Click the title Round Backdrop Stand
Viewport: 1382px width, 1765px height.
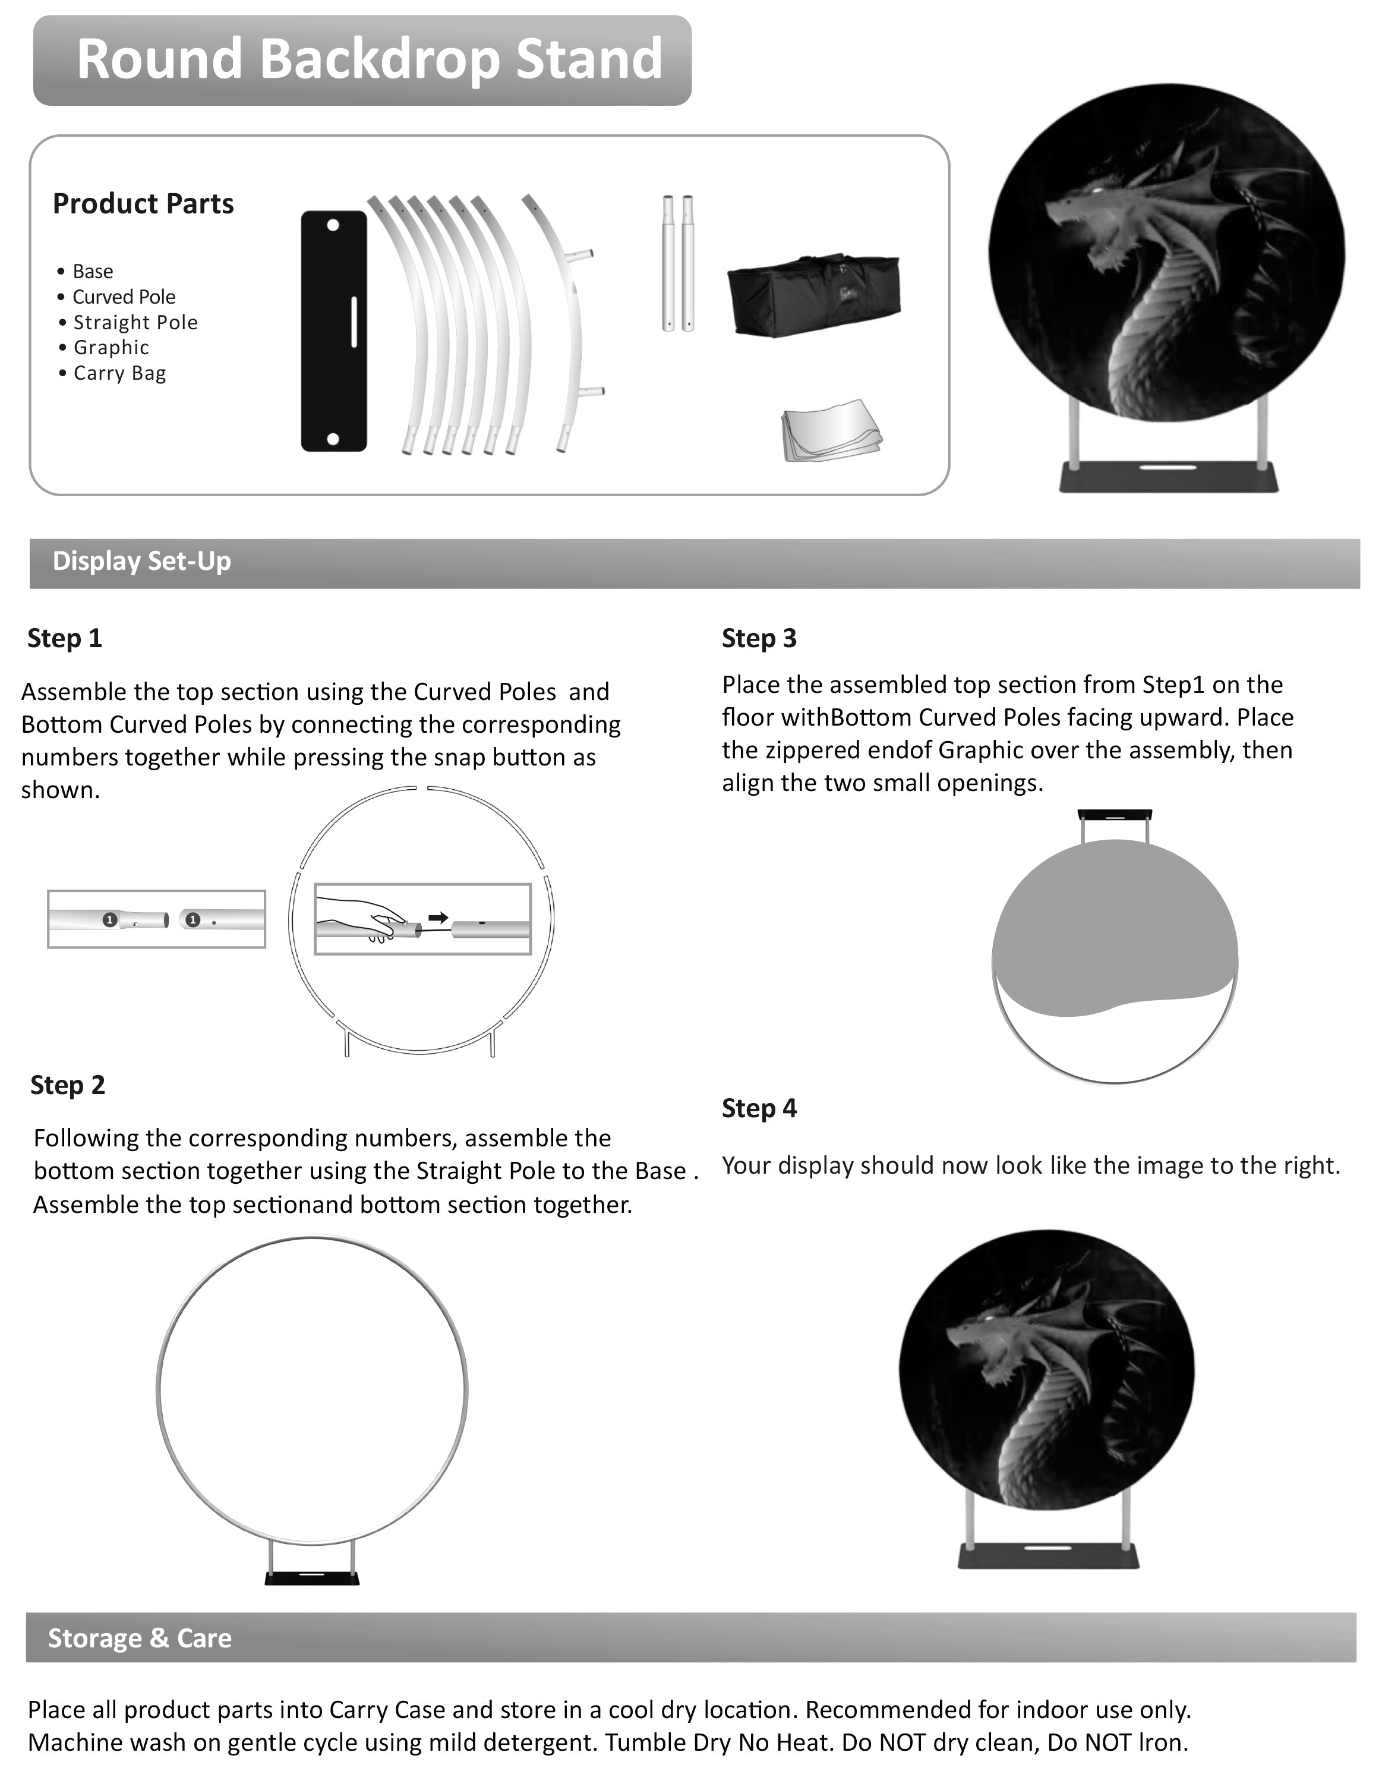369,59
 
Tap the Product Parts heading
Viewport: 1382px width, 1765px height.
143,204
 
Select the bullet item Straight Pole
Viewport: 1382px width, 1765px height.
135,323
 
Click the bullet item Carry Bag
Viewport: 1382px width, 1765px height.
119,374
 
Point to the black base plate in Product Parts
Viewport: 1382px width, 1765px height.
333,332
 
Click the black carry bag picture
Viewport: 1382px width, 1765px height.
813,295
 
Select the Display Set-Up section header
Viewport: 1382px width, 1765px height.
141,562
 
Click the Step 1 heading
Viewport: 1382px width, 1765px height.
65,638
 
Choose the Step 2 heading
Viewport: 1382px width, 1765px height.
68,1085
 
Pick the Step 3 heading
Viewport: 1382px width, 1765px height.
759,638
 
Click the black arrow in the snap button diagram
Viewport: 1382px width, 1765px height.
438,918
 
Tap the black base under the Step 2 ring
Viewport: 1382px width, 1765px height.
313,1577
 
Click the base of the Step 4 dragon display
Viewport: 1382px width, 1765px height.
1048,1555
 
